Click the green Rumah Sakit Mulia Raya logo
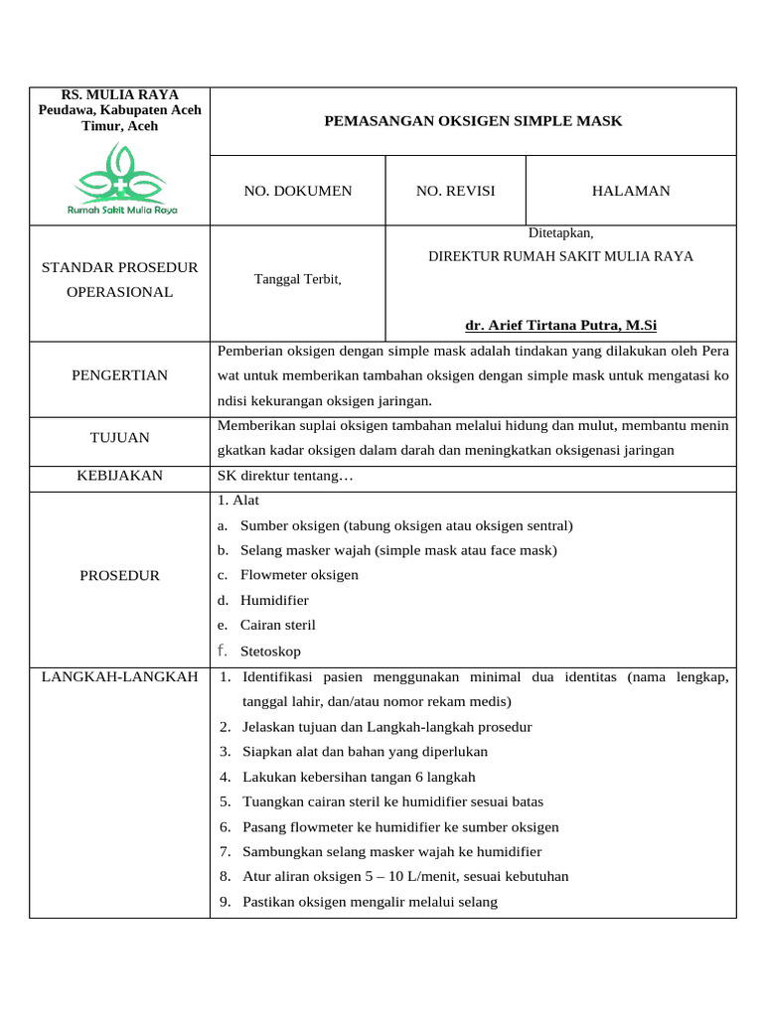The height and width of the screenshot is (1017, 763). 120,179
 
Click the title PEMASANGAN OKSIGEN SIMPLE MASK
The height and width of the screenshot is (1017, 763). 473,121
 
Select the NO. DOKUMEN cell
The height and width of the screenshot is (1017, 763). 297,191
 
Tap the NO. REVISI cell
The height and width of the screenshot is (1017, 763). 455,191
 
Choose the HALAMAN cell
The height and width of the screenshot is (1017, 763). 630,191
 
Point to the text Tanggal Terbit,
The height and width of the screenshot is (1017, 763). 298,279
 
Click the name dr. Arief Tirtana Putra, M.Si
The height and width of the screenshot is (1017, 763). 560,325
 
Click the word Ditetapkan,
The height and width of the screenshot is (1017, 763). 560,232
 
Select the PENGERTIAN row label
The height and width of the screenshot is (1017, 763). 120,375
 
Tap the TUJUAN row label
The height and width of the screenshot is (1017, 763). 120,437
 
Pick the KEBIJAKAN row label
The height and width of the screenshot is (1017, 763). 120,476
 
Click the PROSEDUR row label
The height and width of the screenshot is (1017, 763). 120,575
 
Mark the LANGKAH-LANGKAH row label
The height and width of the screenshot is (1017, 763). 120,676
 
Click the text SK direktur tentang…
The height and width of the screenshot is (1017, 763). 285,476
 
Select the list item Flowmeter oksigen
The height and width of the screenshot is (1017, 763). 299,575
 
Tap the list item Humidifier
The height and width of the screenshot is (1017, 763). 274,600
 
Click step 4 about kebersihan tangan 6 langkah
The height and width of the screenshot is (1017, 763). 359,777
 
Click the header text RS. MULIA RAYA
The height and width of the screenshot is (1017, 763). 120,94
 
